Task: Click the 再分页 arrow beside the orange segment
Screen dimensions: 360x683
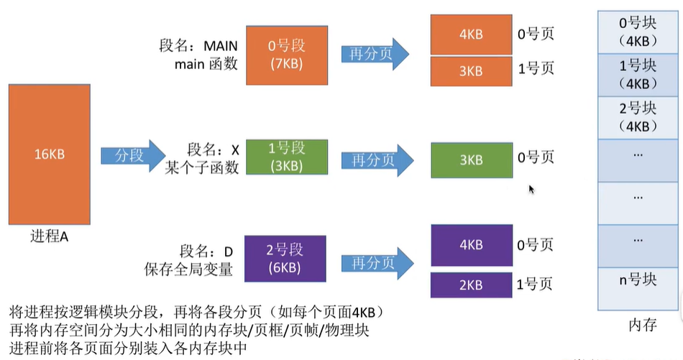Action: click(x=375, y=55)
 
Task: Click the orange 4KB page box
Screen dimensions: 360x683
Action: click(x=470, y=34)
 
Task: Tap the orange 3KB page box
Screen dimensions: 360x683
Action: click(x=470, y=70)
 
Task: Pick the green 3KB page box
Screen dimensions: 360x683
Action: click(x=470, y=160)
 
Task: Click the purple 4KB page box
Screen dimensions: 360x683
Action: click(x=470, y=244)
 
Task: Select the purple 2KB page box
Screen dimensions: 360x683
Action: click(x=470, y=285)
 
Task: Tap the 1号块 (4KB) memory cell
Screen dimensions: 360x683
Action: click(x=638, y=74)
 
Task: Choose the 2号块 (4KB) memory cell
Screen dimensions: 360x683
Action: click(x=638, y=116)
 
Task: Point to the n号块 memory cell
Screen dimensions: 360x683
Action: click(x=638, y=280)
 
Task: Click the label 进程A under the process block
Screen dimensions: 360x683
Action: click(x=49, y=236)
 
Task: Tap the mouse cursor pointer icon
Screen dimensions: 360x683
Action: click(x=532, y=189)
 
